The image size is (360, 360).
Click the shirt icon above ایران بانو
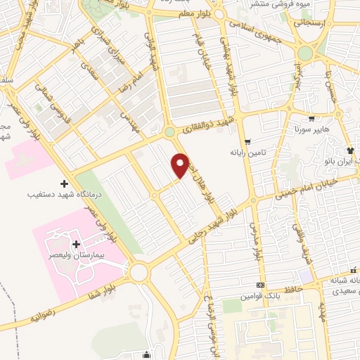[x=349, y=151]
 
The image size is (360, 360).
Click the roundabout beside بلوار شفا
[x=139, y=271]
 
